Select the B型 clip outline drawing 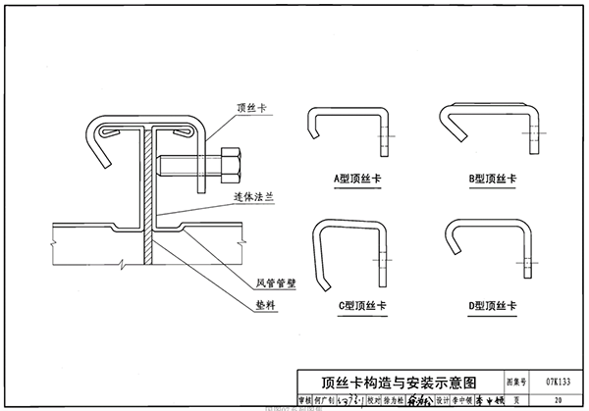[x=491, y=128]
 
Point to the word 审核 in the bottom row [x=304, y=399]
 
